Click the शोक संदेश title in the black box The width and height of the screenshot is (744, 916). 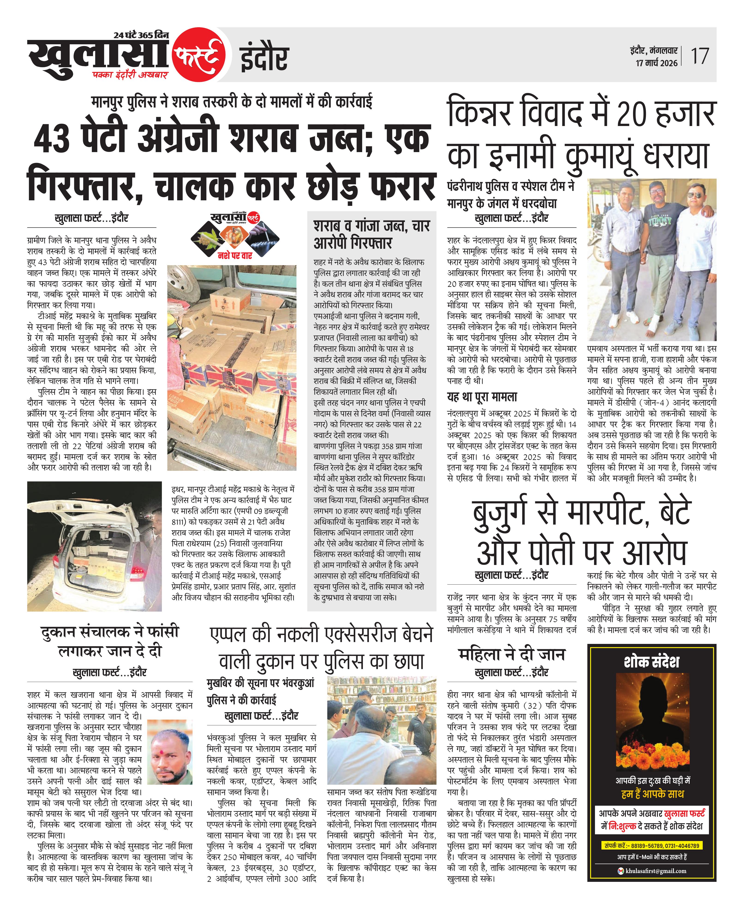[651, 662]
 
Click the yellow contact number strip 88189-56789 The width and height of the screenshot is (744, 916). [651, 846]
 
